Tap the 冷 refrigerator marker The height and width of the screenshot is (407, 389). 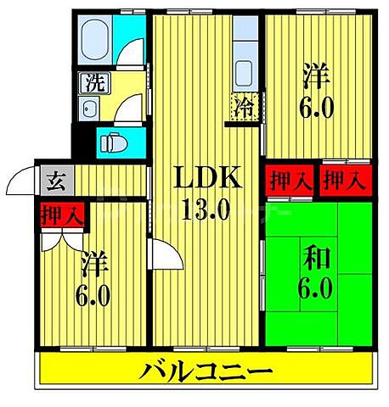[x=244, y=109]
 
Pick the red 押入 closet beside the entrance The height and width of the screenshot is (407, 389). [x=62, y=214]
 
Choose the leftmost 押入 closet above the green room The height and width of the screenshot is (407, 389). [x=289, y=180]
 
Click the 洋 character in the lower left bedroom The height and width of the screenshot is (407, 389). [x=94, y=263]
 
